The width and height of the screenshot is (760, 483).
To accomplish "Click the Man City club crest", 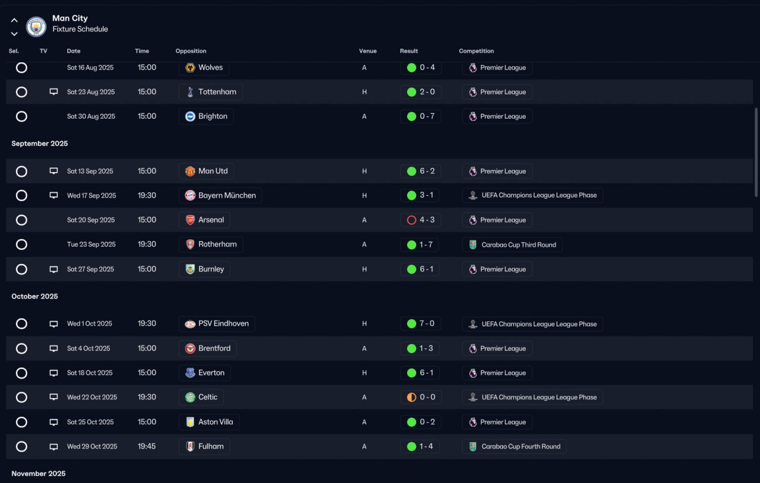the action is pyautogui.click(x=36, y=27).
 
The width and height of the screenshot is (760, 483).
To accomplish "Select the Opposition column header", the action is pyautogui.click(x=191, y=51).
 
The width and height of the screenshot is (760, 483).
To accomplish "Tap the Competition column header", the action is pyautogui.click(x=476, y=51).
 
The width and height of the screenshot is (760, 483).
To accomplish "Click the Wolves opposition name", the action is pyautogui.click(x=210, y=68).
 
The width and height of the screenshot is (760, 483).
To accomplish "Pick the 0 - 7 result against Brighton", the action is pyautogui.click(x=427, y=116).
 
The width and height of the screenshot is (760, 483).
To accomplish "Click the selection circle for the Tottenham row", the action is pyautogui.click(x=21, y=92).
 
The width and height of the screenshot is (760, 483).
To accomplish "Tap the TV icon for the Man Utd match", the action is pyautogui.click(x=53, y=171).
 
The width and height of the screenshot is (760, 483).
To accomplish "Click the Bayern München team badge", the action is pyautogui.click(x=190, y=195).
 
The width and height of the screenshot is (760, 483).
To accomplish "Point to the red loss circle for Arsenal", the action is pyautogui.click(x=411, y=220).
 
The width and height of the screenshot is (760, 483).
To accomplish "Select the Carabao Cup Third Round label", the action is pyautogui.click(x=519, y=245).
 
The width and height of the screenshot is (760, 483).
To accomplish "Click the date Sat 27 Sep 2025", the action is pyautogui.click(x=91, y=269).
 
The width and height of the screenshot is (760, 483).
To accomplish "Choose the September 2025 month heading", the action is pyautogui.click(x=40, y=144).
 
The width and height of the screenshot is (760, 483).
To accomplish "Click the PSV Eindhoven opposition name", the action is pyautogui.click(x=224, y=323).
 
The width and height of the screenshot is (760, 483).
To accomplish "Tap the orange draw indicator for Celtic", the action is pyautogui.click(x=411, y=397).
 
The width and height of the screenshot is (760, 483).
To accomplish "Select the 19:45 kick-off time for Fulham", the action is pyautogui.click(x=147, y=446).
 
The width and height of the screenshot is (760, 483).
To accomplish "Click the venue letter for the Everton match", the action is pyautogui.click(x=365, y=373).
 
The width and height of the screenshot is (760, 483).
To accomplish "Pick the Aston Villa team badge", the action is pyautogui.click(x=190, y=422).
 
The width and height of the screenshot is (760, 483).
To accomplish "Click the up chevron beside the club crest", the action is pyautogui.click(x=14, y=20).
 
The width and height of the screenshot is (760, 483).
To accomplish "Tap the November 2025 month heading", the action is pyautogui.click(x=39, y=474).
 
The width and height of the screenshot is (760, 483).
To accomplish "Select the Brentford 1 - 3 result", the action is pyautogui.click(x=426, y=348).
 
